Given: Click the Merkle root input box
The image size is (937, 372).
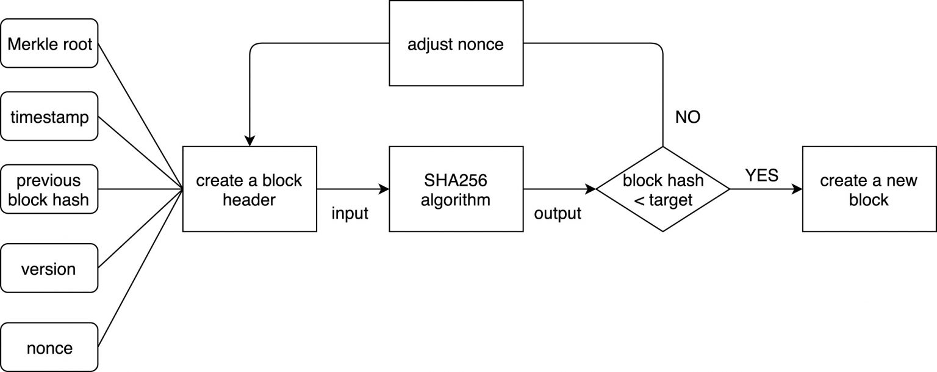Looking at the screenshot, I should [49, 43].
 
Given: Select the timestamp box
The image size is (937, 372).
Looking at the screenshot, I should [49, 117].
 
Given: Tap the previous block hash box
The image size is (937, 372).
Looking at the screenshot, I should [49, 190].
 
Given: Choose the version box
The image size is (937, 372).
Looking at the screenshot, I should [49, 269].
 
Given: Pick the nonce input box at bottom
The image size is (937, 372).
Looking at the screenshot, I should [49, 348].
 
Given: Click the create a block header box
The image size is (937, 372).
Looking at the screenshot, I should [250, 189].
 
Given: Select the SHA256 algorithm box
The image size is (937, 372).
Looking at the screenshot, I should [456, 189].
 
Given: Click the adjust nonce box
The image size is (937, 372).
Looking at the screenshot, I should [456, 43].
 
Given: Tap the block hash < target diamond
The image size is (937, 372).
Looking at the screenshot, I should [663, 189].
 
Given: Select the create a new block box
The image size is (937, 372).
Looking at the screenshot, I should [869, 189].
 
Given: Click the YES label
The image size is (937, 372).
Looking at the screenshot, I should [761, 176].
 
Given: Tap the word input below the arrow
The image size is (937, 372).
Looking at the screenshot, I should [350, 214].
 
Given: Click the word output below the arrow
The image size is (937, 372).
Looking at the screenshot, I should [557, 214].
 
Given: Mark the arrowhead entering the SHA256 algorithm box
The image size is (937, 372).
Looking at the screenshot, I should [384, 189].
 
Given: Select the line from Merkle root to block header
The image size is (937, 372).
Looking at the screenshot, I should [140, 116].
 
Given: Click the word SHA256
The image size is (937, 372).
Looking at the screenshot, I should [456, 181].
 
